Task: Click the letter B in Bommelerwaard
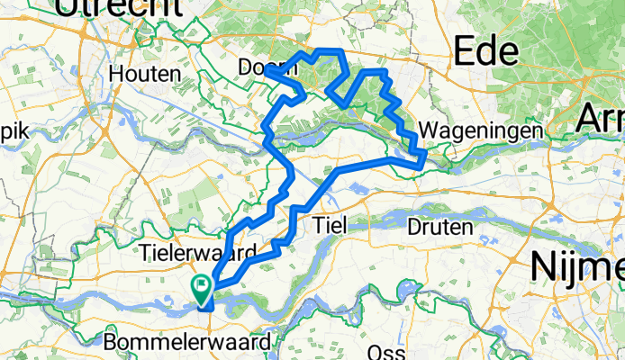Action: coord(111,343)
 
